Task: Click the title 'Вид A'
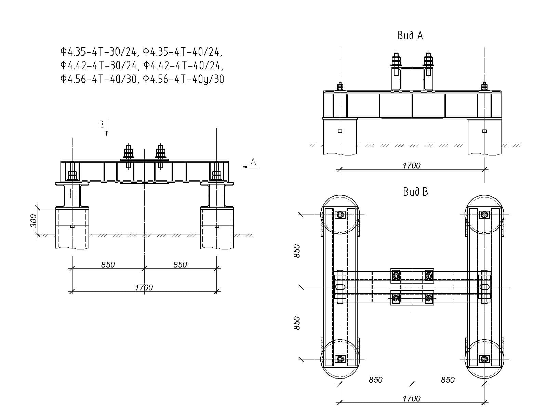410,36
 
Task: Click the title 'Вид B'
415,192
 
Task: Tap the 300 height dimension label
33,221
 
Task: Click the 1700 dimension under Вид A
411,166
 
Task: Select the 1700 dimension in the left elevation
144,287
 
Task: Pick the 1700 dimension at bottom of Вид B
411,398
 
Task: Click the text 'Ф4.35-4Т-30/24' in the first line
99,52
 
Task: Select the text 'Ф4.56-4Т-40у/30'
184,79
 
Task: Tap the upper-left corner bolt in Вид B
340,215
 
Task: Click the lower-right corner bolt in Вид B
484,359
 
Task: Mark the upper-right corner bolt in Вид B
484,215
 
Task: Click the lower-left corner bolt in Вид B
340,359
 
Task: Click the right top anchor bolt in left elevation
160,152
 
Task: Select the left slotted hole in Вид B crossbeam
340,287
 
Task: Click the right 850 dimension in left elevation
180,264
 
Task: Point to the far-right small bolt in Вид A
484,86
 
